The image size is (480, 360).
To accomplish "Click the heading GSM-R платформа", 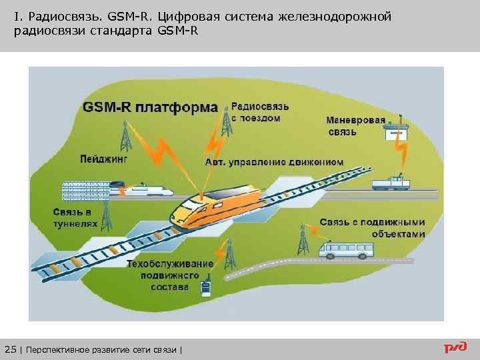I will point(150,107).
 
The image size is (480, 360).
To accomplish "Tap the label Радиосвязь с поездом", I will point(260,112).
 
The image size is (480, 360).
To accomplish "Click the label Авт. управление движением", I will point(275,161).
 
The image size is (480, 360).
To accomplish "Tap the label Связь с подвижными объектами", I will point(372,227).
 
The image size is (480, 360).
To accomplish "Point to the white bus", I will point(347,250).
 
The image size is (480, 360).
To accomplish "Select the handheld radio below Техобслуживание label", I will point(205,288).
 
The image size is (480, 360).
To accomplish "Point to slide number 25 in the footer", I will point(9,349).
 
